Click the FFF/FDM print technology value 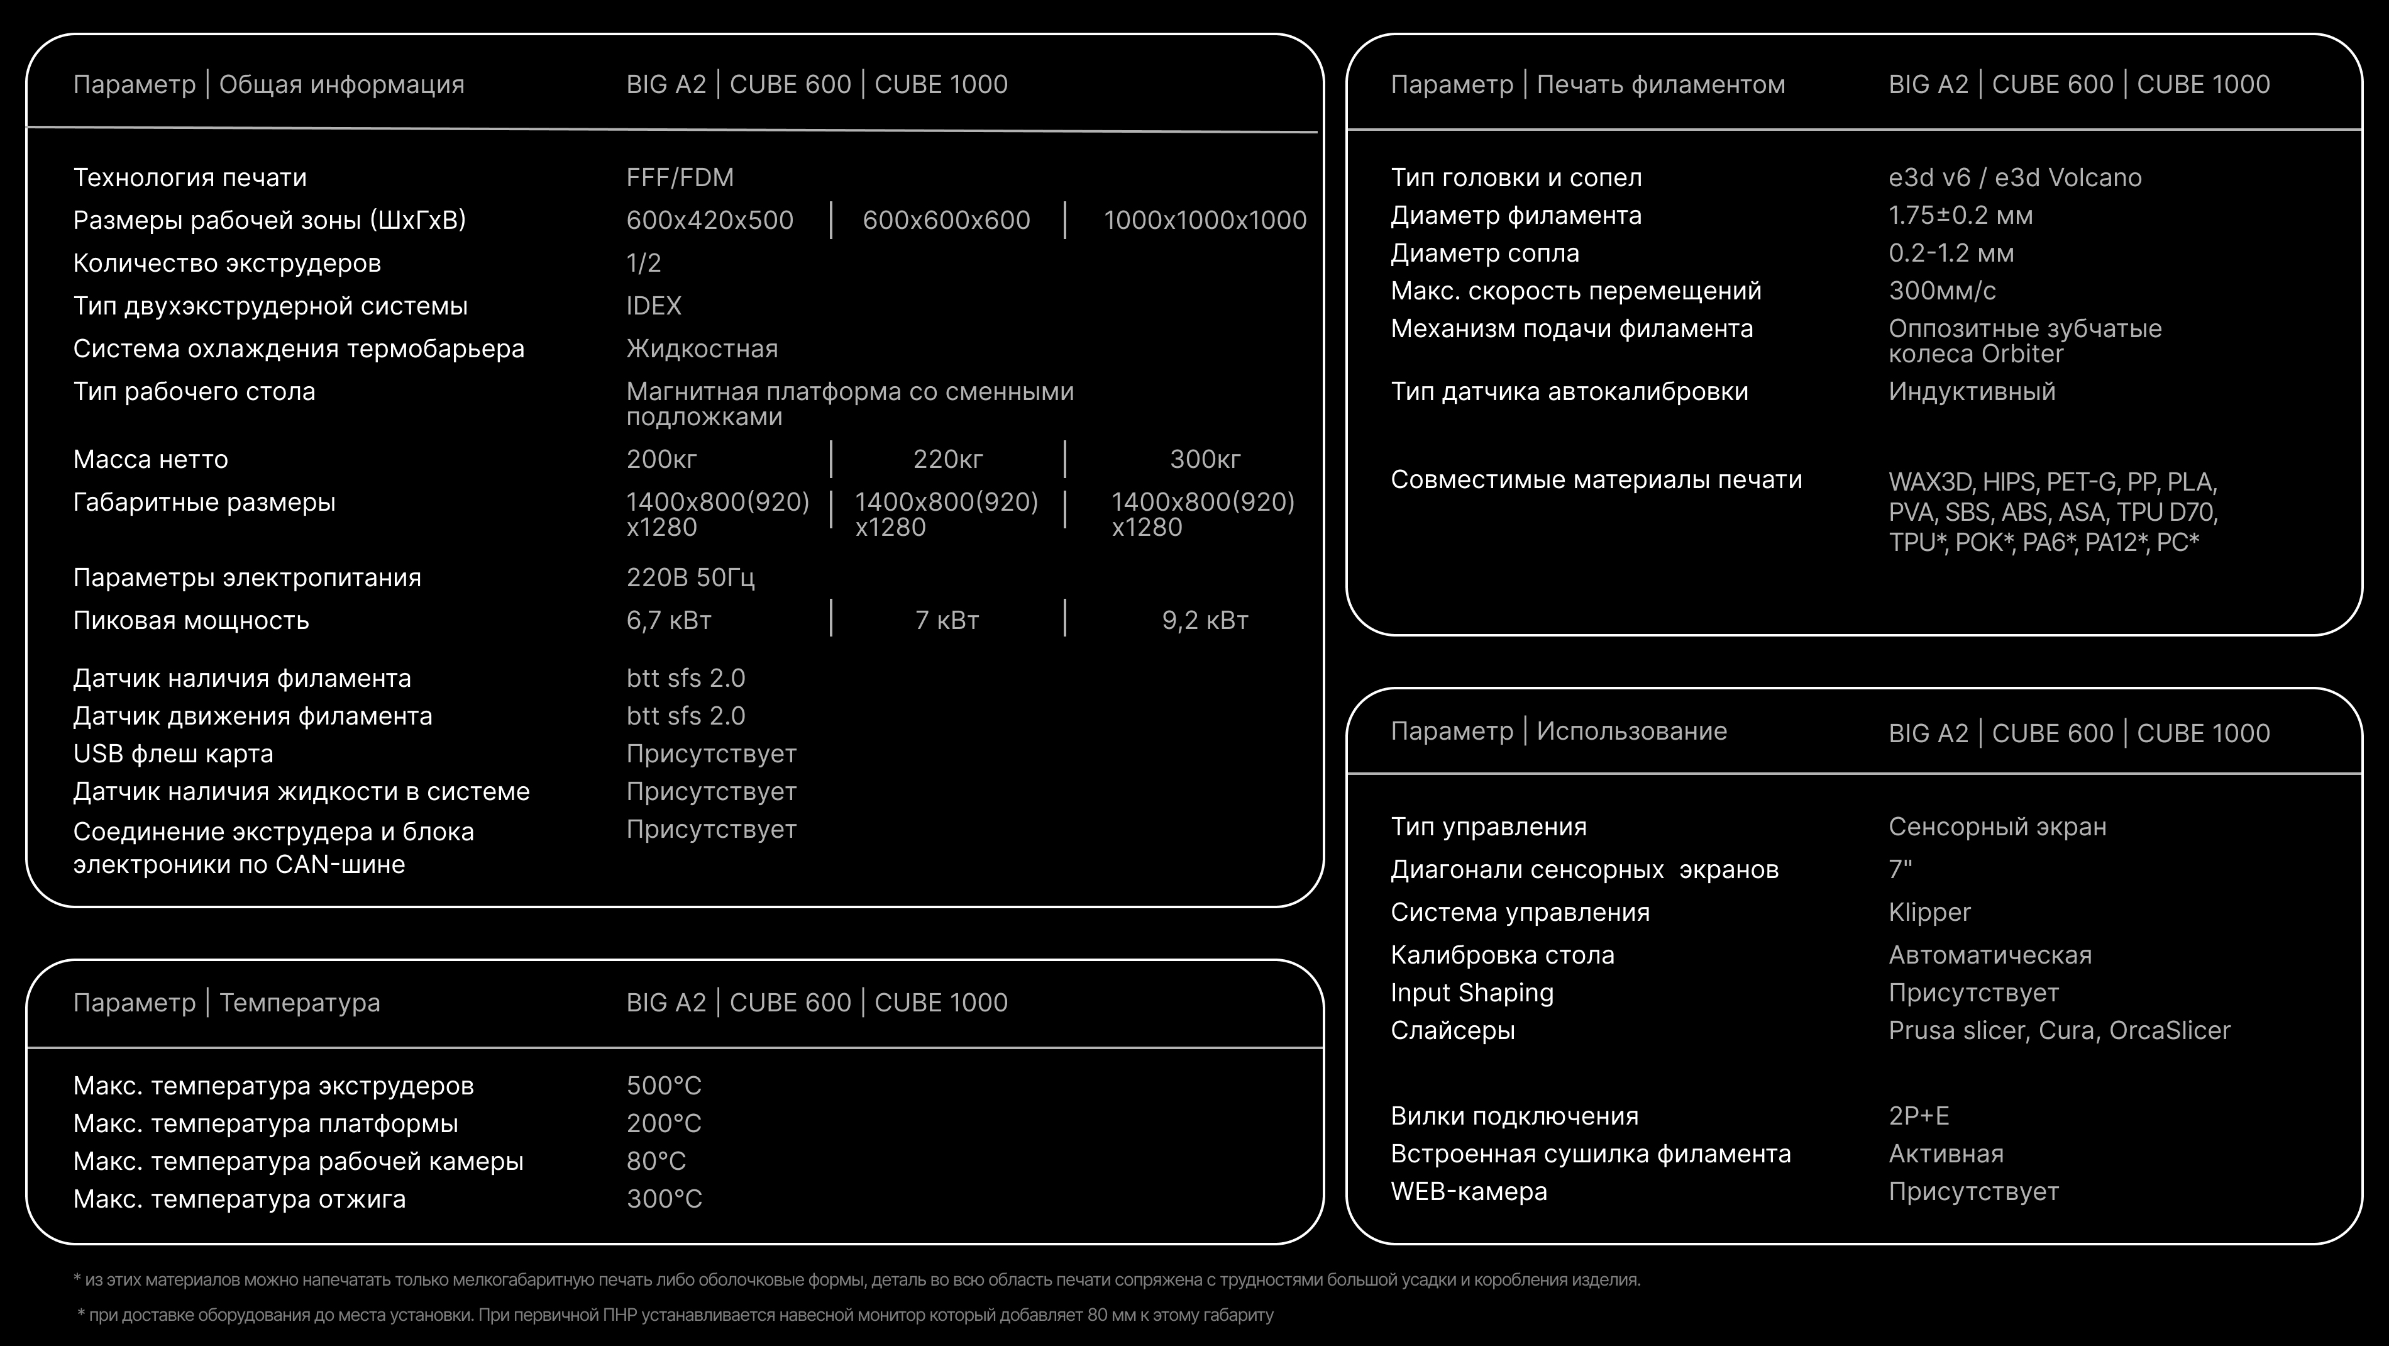pos(680,177)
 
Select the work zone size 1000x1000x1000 pos(1205,220)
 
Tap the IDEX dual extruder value pos(654,306)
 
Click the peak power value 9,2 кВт pos(1205,621)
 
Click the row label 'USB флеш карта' pos(174,754)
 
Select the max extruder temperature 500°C pos(664,1086)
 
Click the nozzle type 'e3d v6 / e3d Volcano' pos(2014,177)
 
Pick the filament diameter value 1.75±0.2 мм pos(1960,215)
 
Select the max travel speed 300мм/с pos(1942,291)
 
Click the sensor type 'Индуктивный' pos(1972,391)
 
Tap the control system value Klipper pos(1929,913)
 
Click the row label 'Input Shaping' pos(1472,993)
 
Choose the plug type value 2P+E pos(1919,1116)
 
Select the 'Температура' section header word pos(299,1003)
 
